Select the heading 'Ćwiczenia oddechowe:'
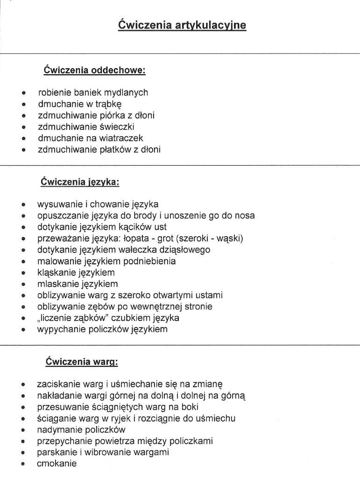pyautogui.click(x=95, y=70)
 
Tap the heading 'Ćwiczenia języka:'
pyautogui.click(x=80, y=181)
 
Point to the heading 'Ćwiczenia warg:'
pyautogui.click(x=81, y=361)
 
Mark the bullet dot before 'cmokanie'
pyautogui.click(x=23, y=464)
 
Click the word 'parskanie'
pyautogui.click(x=57, y=452)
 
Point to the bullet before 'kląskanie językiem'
pyautogui.click(x=23, y=273)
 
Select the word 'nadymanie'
pyautogui.click(x=58, y=429)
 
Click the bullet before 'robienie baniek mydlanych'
pyautogui.click(x=23, y=93)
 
